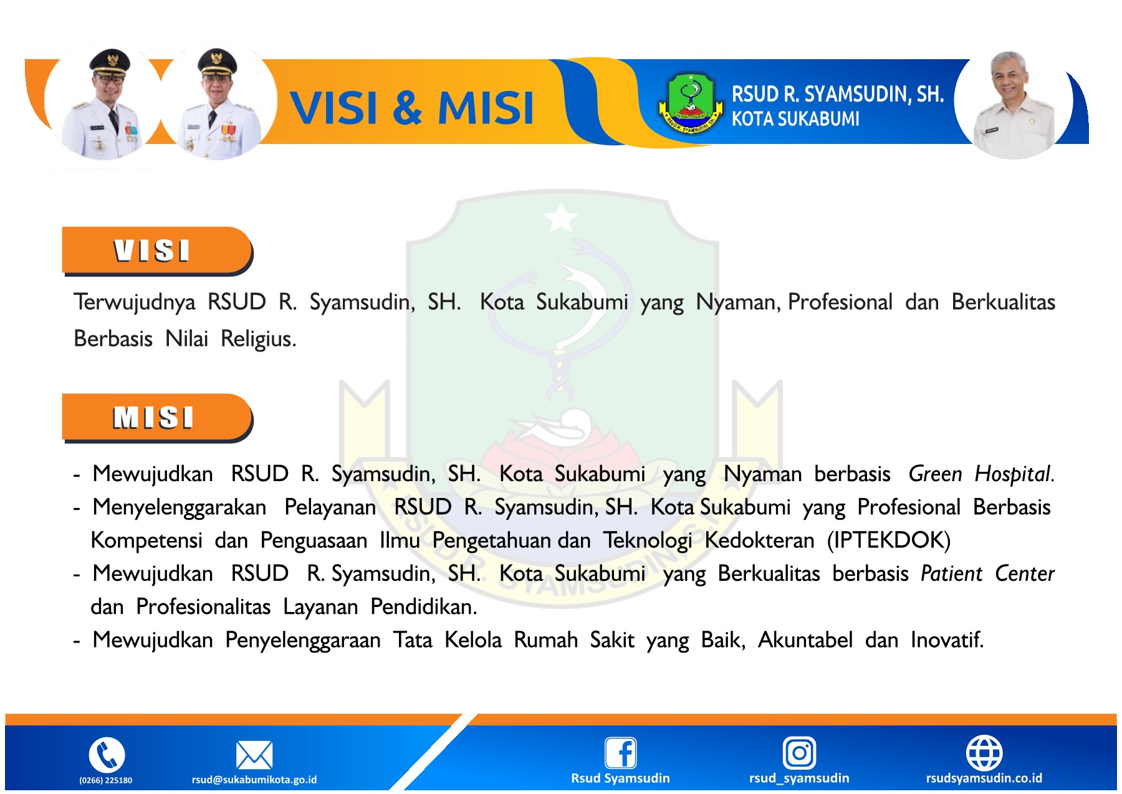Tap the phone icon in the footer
pyautogui.click(x=107, y=755)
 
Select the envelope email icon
pyautogui.click(x=254, y=755)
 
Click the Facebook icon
pyautogui.click(x=621, y=753)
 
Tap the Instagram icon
pyautogui.click(x=799, y=753)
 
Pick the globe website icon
pyautogui.click(x=984, y=753)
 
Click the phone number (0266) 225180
pyautogui.click(x=106, y=780)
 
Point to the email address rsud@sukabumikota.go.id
pyautogui.click(x=254, y=780)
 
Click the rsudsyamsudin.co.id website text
pyautogui.click(x=984, y=778)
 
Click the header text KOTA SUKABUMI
pyautogui.click(x=795, y=119)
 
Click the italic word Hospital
pyautogui.click(x=1014, y=474)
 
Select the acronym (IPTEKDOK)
pyautogui.click(x=888, y=540)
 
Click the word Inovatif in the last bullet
pyautogui.click(x=947, y=640)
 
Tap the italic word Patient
pyautogui.click(x=951, y=574)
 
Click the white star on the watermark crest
pyautogui.click(x=561, y=218)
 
